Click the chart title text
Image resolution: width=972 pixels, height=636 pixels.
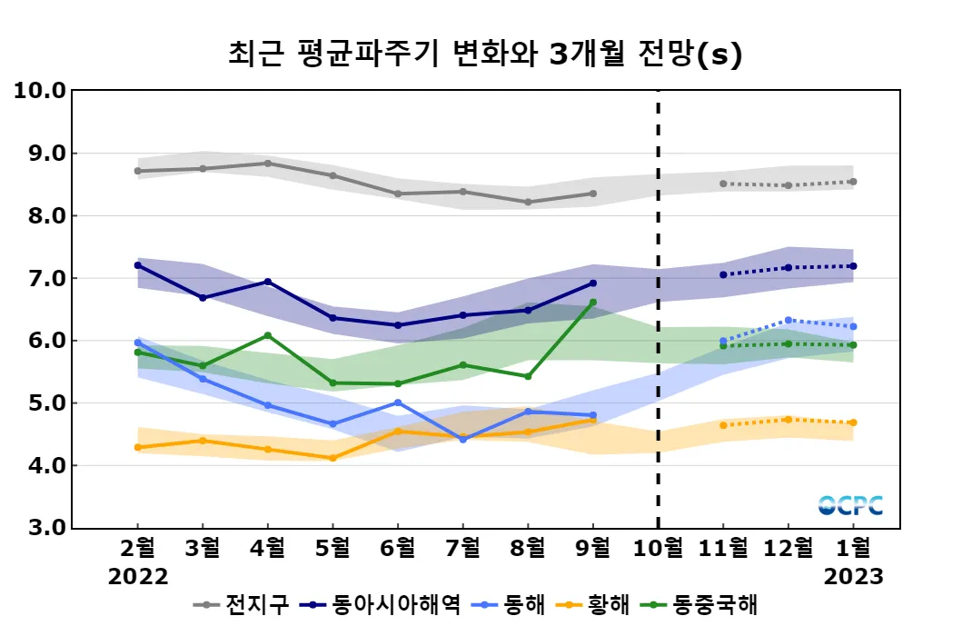coord(485,55)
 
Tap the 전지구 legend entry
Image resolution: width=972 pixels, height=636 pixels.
coord(245,604)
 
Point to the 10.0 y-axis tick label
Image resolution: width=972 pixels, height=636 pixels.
coord(40,91)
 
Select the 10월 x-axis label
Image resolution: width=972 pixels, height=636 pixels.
coord(658,548)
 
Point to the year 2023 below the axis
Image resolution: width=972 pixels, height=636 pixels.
coord(853,577)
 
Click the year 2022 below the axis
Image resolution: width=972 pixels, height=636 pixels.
coord(138,577)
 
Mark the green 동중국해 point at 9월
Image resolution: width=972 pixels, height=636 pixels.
coord(593,303)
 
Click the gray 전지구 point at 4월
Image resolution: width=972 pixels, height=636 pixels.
coord(267,164)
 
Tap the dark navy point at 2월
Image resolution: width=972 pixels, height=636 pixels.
coord(138,265)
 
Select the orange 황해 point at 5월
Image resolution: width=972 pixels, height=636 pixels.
coord(332,458)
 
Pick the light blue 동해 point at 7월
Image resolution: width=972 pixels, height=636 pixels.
coord(462,439)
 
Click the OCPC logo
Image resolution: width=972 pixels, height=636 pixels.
coord(850,505)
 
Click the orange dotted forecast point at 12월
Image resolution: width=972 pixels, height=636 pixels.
coord(788,419)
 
